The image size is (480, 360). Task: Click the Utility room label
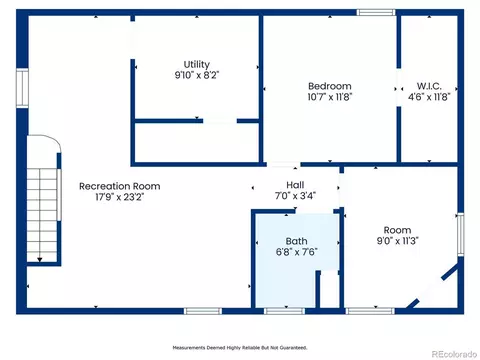(197, 64)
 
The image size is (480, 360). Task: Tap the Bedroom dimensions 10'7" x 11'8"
(330, 97)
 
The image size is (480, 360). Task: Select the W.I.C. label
(429, 86)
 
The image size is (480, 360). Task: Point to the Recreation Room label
(120, 186)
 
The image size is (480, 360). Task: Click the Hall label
(295, 185)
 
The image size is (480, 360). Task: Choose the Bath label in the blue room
(296, 241)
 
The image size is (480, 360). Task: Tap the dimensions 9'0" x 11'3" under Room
(397, 241)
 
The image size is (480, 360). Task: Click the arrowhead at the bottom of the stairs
(40, 259)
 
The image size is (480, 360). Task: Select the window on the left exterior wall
(22, 88)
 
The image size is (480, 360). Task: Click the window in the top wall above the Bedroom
(376, 13)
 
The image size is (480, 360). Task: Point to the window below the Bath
(284, 311)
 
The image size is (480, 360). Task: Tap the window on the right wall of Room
(460, 234)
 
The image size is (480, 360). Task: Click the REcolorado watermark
(454, 354)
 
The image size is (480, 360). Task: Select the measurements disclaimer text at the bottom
(240, 348)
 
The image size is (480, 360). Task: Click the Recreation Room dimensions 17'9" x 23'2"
(120, 197)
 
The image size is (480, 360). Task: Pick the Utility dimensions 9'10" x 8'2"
(197, 75)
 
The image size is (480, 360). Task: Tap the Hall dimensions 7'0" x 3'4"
(295, 195)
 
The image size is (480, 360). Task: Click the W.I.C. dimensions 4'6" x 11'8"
(429, 97)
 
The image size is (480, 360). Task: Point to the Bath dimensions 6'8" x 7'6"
(296, 252)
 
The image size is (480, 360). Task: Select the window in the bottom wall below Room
(370, 311)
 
